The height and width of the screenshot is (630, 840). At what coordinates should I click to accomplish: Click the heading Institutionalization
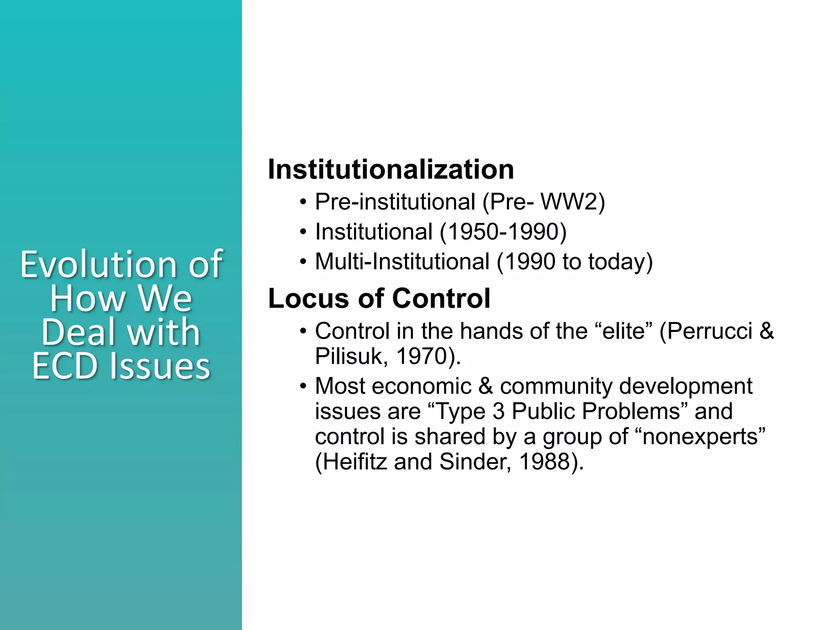pos(390,169)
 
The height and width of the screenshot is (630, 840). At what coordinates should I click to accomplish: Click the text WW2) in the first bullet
pos(573,202)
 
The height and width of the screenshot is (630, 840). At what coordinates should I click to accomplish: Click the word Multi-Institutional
pos(402,262)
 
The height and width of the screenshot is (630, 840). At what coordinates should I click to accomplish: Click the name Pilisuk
pos(349,356)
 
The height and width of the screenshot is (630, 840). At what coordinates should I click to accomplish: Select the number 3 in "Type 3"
pos(498,411)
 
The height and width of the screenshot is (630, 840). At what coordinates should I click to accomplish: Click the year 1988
pos(545,462)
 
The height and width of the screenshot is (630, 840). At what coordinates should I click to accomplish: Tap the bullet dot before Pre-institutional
pos(303,202)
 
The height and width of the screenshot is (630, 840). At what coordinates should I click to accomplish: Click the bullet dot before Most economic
pos(303,386)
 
